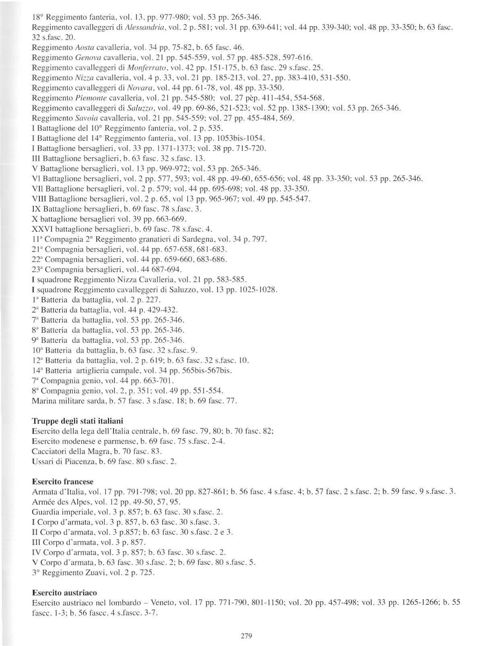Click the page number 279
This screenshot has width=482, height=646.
tap(246, 636)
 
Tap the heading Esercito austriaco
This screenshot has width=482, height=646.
tap(64, 592)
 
